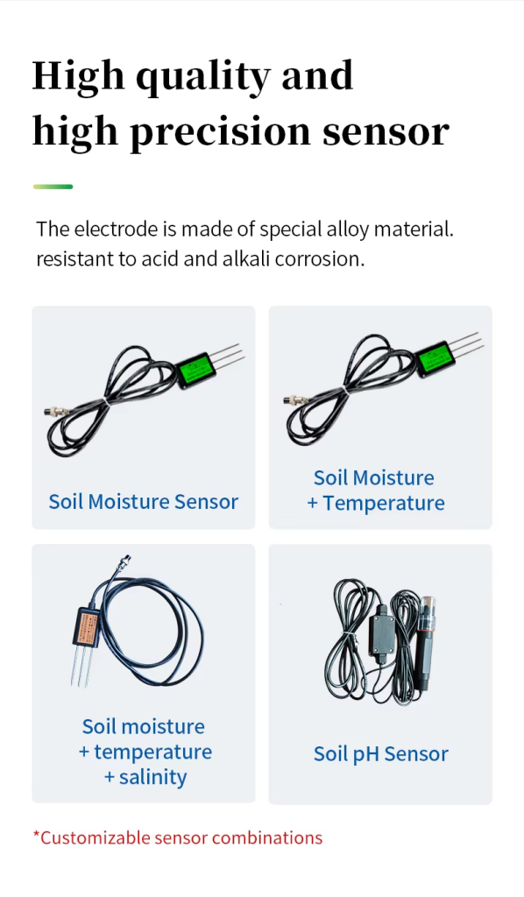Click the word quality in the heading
coord(202,78)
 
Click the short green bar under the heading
coord(53,187)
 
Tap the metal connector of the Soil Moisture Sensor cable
coord(56,411)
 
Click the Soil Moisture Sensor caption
coord(144,502)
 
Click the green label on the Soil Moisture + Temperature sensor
coord(435,359)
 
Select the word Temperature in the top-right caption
coord(384,504)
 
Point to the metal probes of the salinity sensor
coord(81,667)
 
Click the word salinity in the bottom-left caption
coord(152,777)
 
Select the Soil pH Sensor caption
coord(381,754)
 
